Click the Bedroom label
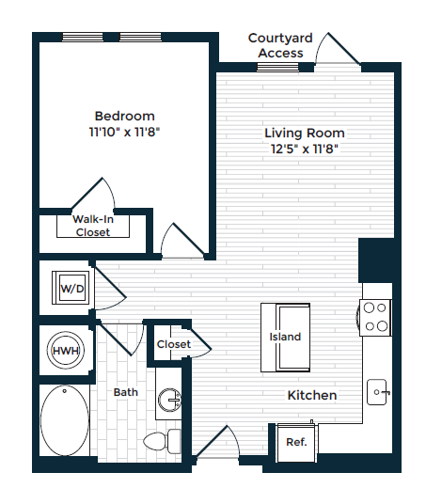point(125,116)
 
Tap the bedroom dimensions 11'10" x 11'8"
point(124,132)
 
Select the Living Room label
point(305,134)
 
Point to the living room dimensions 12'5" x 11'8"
point(305,149)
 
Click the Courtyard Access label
point(280,45)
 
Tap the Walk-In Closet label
point(93,226)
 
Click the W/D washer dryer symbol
point(71,288)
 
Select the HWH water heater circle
point(66,351)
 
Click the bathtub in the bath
point(65,420)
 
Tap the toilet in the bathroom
point(162,441)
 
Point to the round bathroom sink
point(169,400)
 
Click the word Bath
point(126,392)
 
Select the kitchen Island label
point(285,337)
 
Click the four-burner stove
point(375,318)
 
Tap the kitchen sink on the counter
point(377,392)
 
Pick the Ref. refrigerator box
point(296,443)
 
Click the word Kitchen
point(312,395)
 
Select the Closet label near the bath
point(174,344)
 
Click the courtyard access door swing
point(338,49)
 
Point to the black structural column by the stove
point(376,260)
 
